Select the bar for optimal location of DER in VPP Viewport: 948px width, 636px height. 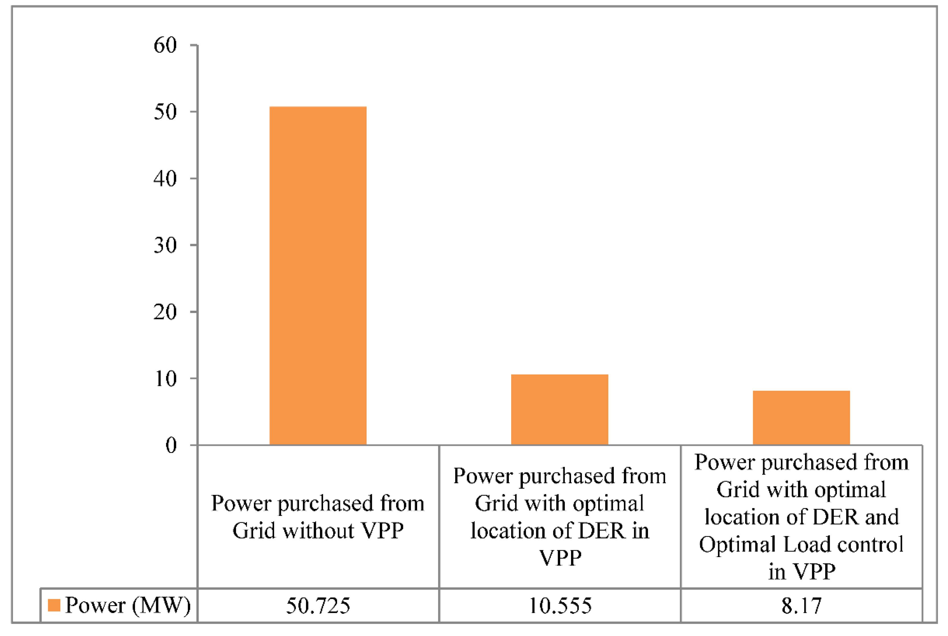[x=559, y=409]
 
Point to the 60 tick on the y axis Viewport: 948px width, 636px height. [x=165, y=45]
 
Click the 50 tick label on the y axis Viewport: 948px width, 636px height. [x=165, y=112]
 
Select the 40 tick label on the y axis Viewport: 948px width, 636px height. [x=165, y=178]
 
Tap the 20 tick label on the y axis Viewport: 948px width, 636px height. [x=165, y=312]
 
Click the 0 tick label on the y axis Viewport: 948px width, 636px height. [x=171, y=445]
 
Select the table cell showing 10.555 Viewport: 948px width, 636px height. [x=560, y=605]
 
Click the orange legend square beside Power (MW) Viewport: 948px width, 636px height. [x=54, y=605]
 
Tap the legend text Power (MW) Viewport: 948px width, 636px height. [x=128, y=605]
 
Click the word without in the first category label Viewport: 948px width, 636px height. [x=318, y=530]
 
